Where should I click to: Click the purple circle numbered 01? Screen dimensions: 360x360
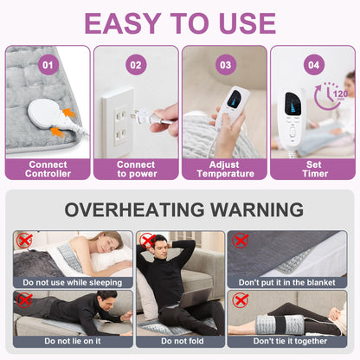click(x=48, y=65)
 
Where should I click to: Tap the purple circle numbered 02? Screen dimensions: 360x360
click(x=136, y=65)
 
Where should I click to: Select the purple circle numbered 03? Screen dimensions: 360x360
click(x=226, y=65)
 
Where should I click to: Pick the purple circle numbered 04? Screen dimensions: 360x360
click(x=314, y=65)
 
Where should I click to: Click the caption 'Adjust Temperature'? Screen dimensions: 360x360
click(x=225, y=169)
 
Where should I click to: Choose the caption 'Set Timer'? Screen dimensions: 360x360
click(x=314, y=169)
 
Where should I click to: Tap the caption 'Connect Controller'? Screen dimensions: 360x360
click(x=48, y=169)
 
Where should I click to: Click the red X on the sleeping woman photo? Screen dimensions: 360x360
click(x=24, y=241)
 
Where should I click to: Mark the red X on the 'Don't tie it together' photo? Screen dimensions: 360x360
click(x=241, y=300)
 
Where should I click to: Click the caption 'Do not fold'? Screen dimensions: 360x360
click(x=183, y=341)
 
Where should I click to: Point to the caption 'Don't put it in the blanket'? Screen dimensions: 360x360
click(x=287, y=282)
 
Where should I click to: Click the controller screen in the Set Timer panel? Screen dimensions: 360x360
click(x=292, y=103)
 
